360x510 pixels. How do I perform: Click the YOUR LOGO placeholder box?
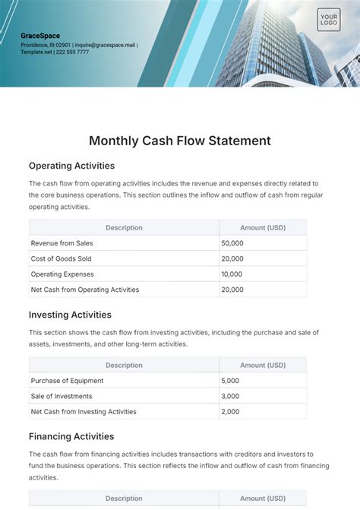coord(329,21)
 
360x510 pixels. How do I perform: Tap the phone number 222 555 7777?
coord(73,52)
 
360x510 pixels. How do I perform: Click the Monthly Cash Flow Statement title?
coord(180,141)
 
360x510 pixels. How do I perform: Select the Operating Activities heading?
coord(71,165)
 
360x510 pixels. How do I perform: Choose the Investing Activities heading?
coord(70,315)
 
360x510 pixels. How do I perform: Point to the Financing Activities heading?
coord(71,436)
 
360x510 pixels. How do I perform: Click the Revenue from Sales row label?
coord(62,243)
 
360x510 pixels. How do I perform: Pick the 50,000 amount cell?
coord(232,243)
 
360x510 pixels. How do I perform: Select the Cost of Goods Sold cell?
coord(62,258)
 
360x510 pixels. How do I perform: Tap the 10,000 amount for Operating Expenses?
coord(232,274)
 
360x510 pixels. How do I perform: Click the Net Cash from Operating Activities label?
coord(85,290)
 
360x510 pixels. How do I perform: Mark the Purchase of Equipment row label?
coord(67,381)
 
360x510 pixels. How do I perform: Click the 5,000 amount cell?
coord(230,381)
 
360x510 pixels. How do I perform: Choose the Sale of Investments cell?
coord(62,396)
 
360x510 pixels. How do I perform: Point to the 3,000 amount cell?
coord(230,396)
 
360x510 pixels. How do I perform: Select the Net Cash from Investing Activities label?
coord(84,411)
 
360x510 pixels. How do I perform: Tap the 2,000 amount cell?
coord(230,411)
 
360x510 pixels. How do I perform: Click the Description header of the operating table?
coord(124,227)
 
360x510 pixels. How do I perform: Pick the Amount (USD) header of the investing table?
coord(263,365)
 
